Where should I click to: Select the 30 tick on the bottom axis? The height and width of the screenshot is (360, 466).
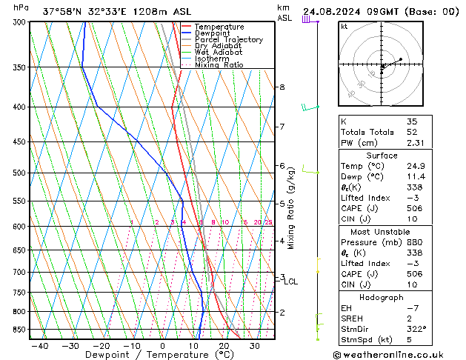pos(254,345)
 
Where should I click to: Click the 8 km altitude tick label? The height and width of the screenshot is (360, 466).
pos(282,87)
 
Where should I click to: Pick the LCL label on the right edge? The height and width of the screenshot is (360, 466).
pos(291,281)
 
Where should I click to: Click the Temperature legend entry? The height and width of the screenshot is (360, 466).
pos(219,27)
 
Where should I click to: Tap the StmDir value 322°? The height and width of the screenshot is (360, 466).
pos(416,329)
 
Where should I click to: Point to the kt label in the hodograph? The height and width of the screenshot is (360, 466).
pos(344,26)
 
